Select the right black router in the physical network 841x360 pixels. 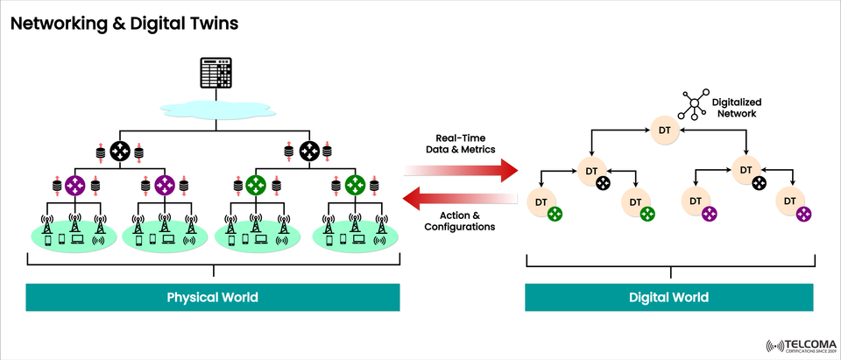[308, 150]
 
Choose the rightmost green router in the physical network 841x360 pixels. [354, 186]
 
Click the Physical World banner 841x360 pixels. [213, 297]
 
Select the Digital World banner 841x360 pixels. [668, 297]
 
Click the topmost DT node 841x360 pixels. [664, 131]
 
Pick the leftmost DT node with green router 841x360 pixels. [541, 202]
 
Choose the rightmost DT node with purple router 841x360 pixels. [790, 201]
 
